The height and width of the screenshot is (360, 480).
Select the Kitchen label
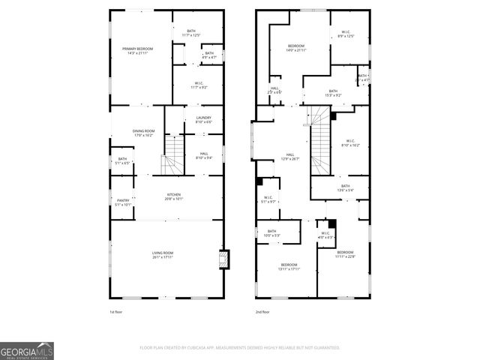(173, 196)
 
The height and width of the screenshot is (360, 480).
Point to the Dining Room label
(143, 133)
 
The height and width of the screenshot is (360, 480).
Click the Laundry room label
(203, 119)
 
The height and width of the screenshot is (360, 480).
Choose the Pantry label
(122, 202)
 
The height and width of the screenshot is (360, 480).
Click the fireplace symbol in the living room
(222, 259)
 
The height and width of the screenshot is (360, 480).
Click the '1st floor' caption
(116, 311)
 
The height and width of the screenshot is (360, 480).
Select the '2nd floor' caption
(262, 311)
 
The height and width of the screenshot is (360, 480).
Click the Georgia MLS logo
(27, 350)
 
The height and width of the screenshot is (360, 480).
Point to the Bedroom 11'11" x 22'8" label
(345, 254)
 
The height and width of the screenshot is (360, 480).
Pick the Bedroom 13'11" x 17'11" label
(289, 266)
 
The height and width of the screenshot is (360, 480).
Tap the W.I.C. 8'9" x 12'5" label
(346, 34)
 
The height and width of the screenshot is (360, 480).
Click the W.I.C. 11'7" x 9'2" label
(199, 85)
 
